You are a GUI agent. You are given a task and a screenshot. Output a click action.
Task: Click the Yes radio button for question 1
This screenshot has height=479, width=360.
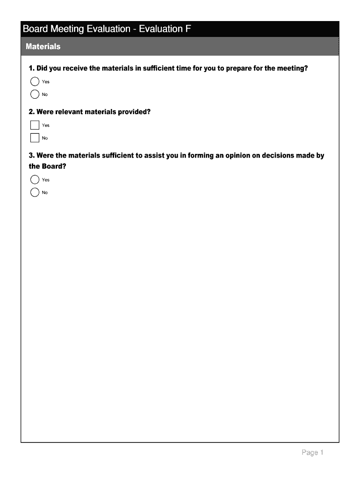click(35, 82)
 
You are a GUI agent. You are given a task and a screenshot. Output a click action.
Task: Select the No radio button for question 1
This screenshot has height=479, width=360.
click(35, 94)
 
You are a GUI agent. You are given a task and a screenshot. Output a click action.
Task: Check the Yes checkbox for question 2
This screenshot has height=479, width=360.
click(35, 125)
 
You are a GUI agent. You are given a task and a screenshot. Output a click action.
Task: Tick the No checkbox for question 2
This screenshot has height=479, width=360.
click(35, 138)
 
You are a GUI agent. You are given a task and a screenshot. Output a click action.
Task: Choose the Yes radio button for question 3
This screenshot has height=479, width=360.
click(35, 180)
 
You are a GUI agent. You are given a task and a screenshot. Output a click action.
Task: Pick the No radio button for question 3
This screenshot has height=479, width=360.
click(35, 192)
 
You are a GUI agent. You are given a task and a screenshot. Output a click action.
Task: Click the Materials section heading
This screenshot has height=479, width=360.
click(43, 47)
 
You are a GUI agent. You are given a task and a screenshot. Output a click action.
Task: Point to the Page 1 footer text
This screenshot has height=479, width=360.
click(312, 452)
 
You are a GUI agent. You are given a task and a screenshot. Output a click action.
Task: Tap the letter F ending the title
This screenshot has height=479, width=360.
click(187, 29)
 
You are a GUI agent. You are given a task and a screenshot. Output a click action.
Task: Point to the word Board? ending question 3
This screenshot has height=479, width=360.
click(50, 166)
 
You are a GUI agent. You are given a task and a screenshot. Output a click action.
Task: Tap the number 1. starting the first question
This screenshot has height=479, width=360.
click(31, 68)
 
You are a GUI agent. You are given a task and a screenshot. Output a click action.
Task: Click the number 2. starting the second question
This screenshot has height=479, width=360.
click(31, 112)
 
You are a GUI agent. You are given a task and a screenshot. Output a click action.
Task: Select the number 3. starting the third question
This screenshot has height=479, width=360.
click(31, 155)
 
